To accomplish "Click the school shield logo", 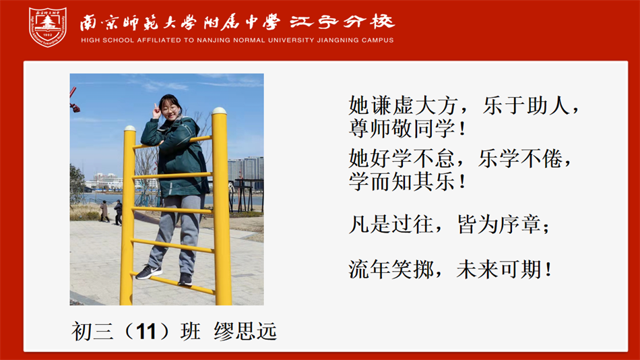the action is [48, 27].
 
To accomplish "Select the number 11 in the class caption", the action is [146, 332].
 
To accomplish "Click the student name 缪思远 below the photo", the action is [245, 332].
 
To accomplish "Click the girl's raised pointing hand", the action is [156, 111].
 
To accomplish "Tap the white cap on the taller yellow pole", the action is [219, 111].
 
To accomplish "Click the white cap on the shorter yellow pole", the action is [130, 128].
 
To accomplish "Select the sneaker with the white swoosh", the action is [149, 272].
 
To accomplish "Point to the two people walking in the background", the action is [111, 212].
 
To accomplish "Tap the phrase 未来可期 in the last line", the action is [505, 270].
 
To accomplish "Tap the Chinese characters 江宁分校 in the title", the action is [342, 22].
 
